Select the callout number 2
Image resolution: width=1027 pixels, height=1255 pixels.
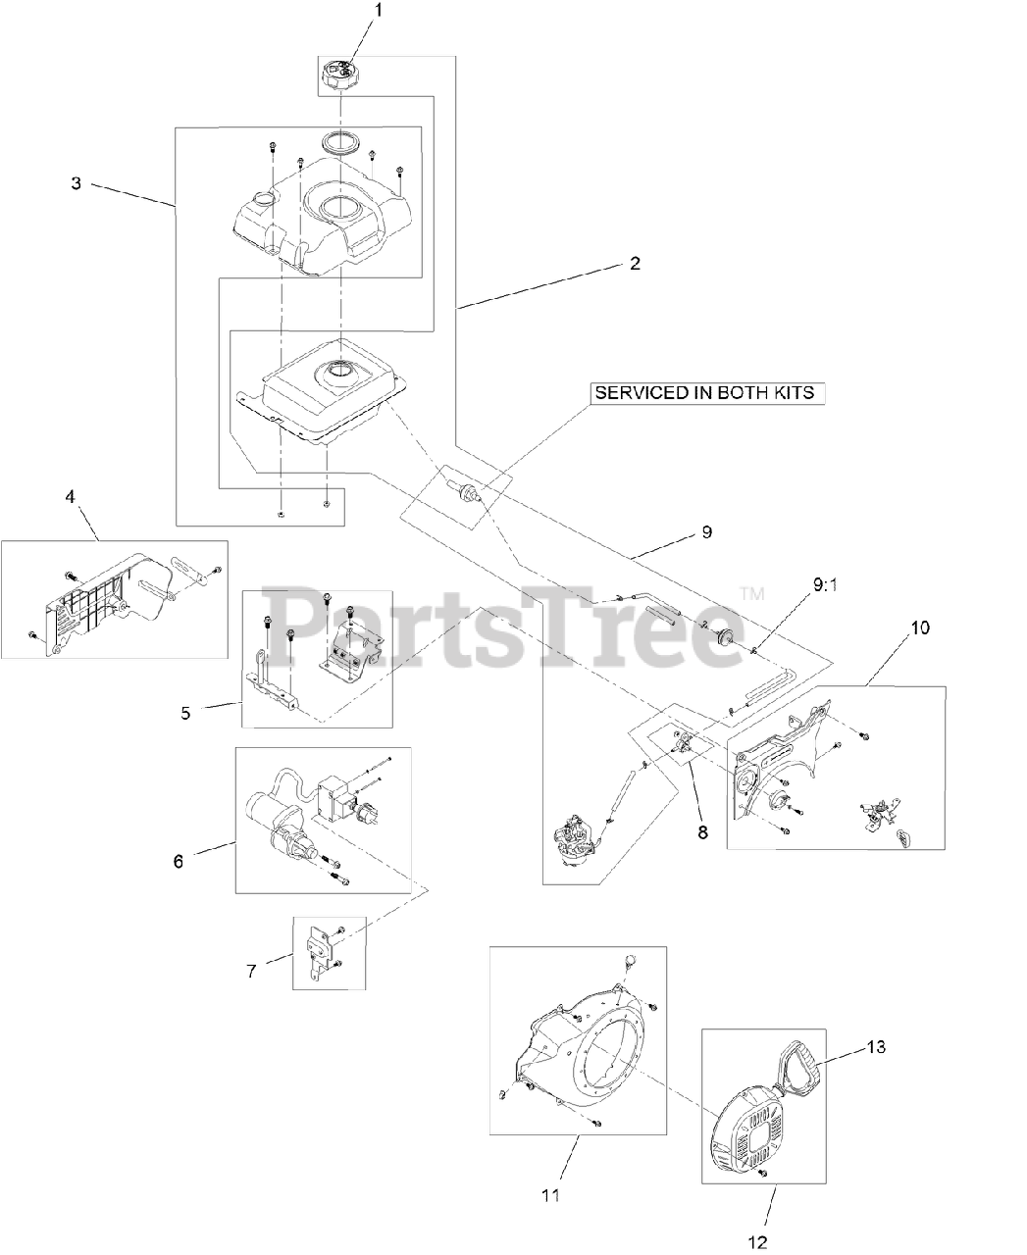point(635,264)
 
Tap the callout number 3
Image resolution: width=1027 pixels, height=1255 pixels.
point(76,183)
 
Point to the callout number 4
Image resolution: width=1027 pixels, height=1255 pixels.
point(71,497)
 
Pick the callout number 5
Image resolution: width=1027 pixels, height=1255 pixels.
point(186,713)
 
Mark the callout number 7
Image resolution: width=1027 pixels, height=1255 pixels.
point(251,971)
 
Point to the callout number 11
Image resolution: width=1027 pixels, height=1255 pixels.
point(550,1194)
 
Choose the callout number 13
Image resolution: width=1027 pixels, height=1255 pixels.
point(876,1048)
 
